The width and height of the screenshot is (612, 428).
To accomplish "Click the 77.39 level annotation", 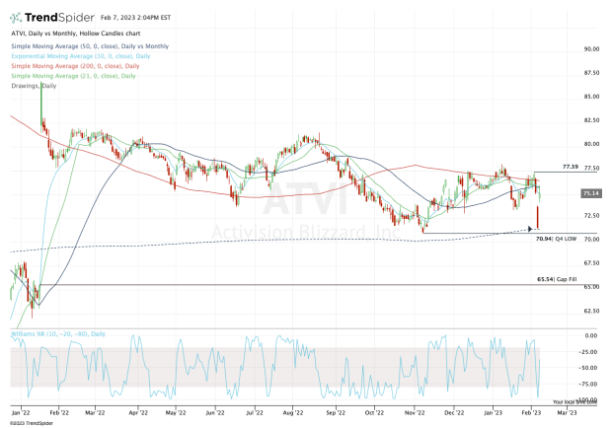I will click(x=569, y=168).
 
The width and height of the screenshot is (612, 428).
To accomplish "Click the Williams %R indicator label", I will click(x=45, y=334).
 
